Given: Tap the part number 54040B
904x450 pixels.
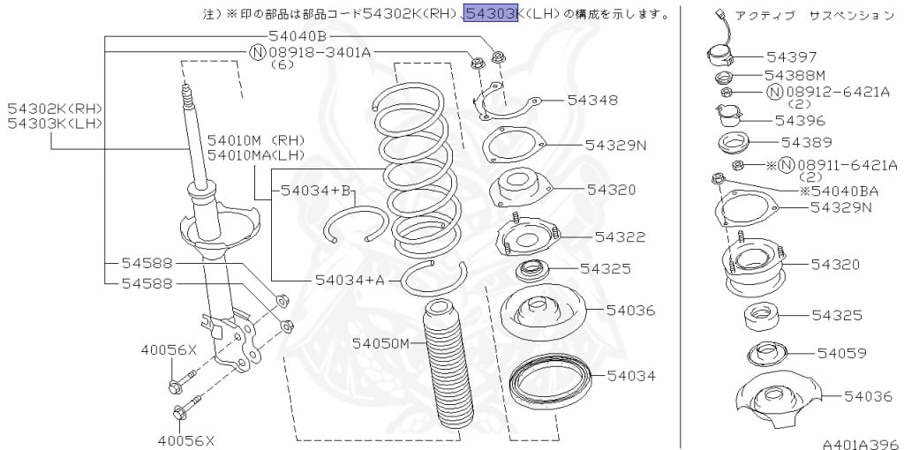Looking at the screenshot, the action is [298, 36].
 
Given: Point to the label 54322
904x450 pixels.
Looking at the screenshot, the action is [620, 236].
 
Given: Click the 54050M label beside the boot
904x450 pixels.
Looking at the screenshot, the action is [381, 342].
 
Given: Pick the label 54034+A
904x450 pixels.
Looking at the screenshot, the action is [350, 281].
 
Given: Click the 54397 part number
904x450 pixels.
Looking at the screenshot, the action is [791, 56].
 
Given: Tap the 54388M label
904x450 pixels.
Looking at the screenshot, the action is [795, 75].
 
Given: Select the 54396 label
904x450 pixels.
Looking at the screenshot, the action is [800, 120].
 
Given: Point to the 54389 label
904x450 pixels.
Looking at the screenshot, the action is [806, 141].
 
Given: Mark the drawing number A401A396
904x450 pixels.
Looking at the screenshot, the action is [860, 445].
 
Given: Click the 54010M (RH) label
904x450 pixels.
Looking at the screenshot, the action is [256, 139].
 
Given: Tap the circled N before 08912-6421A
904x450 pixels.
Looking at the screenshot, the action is [773, 92].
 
